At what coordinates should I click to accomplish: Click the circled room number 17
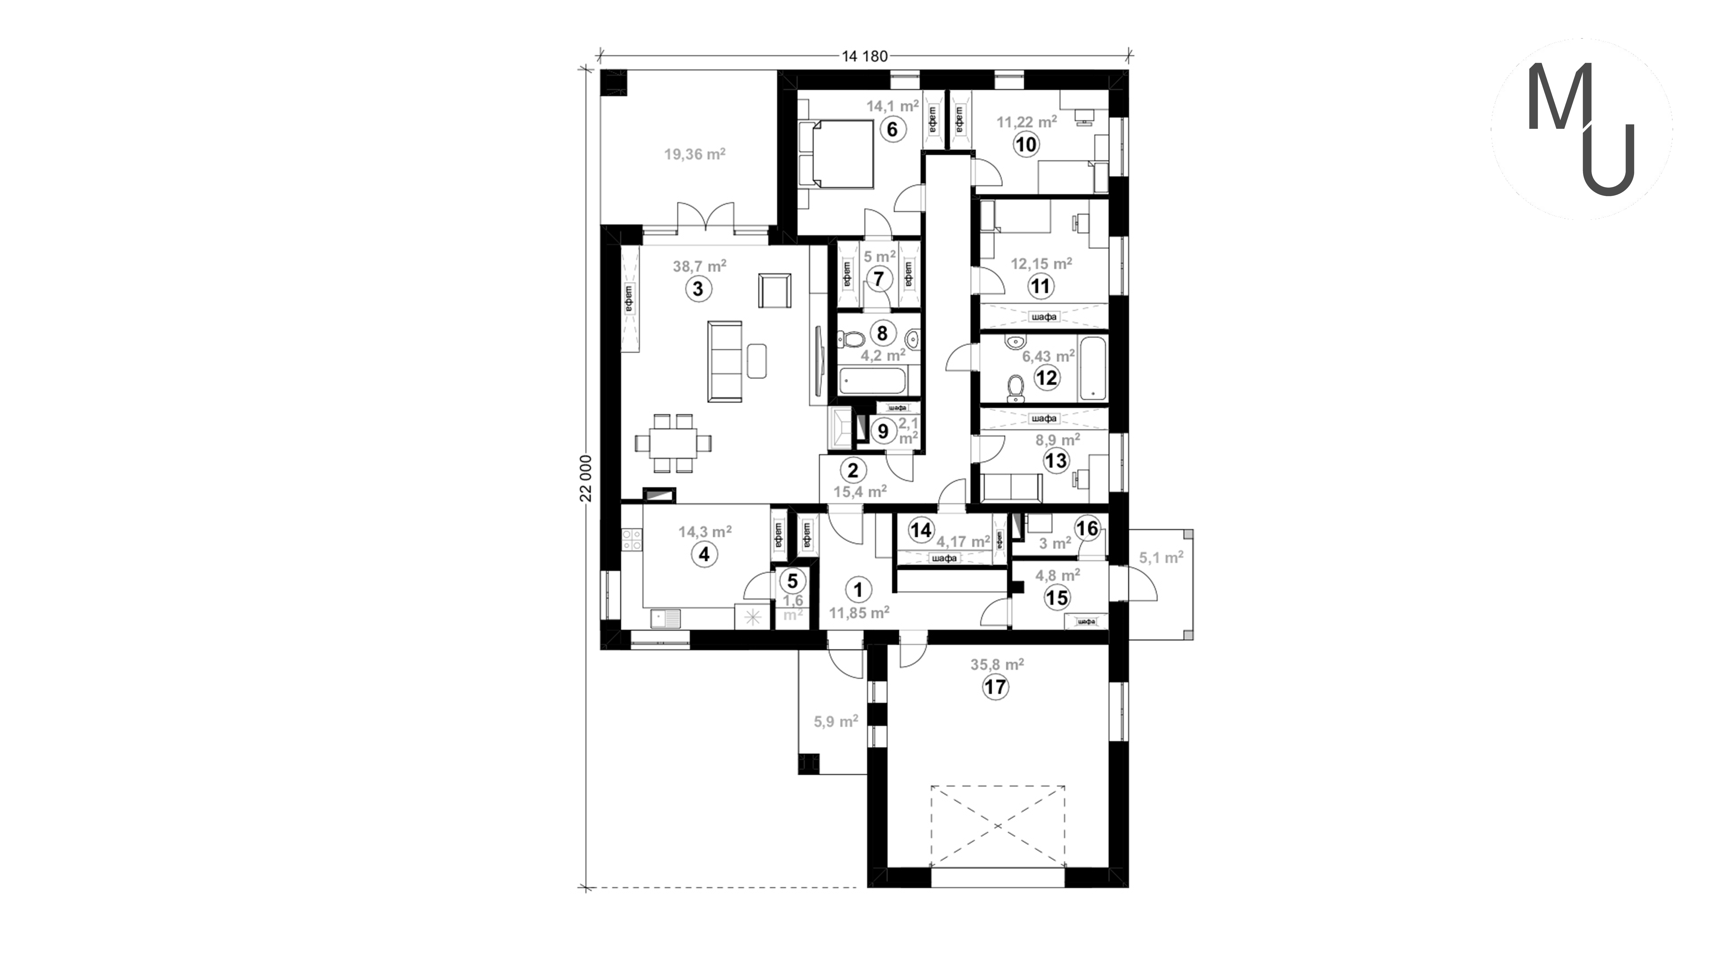[996, 687]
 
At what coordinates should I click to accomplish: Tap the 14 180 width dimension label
[865, 56]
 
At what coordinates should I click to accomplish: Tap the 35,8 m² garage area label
[997, 664]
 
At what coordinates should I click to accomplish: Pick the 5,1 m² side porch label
[1161, 558]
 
